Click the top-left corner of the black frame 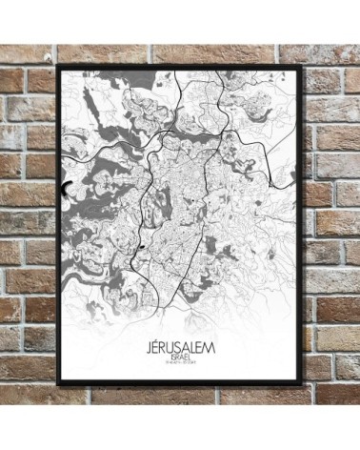coord(58,66)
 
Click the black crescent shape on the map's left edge coord(66,189)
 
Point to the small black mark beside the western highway coord(140,247)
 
